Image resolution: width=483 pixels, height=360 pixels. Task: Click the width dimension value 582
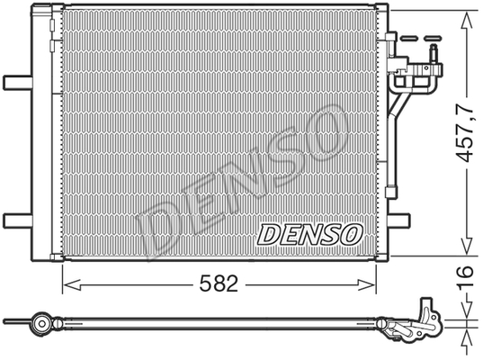click(x=219, y=283)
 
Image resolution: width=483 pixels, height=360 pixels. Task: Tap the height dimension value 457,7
click(x=465, y=133)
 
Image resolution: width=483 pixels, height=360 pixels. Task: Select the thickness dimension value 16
click(x=465, y=278)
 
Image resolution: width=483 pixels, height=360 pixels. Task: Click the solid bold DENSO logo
click(x=310, y=235)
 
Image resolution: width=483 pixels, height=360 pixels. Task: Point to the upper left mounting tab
click(x=18, y=82)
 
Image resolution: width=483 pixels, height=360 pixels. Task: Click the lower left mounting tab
click(x=18, y=220)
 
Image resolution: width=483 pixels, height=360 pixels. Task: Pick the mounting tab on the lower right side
click(x=399, y=220)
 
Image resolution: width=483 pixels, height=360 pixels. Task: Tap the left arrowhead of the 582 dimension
click(x=71, y=284)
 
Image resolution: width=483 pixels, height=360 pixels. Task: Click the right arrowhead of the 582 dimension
click(x=367, y=284)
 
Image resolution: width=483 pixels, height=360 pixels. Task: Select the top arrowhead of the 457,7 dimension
click(x=467, y=21)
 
